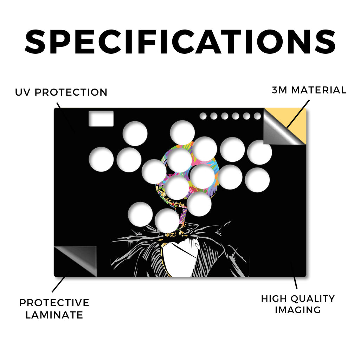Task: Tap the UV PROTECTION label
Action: click(61, 92)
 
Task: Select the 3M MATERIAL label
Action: click(309, 90)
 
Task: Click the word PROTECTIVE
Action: click(54, 303)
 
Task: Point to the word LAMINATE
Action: click(54, 315)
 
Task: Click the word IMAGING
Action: click(298, 310)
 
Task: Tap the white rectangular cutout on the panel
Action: click(101, 118)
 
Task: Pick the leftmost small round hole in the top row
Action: click(203, 116)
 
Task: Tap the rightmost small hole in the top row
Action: click(257, 116)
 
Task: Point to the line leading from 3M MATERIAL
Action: click(298, 114)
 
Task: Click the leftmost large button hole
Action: click(101, 159)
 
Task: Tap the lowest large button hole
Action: click(167, 221)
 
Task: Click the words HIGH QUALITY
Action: click(298, 299)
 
